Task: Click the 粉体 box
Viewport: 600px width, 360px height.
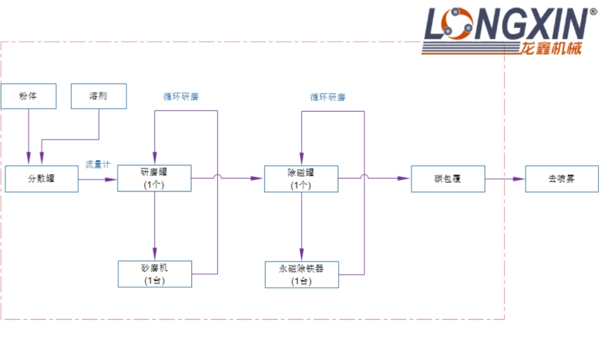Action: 28,96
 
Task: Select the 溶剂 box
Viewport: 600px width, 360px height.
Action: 98,96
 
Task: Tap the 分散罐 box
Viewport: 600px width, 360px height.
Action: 41,178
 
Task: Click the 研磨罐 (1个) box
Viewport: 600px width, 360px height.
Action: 154,178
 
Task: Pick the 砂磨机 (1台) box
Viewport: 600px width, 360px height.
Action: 154,274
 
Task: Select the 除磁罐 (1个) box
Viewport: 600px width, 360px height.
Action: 301,178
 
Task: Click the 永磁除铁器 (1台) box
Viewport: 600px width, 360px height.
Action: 301,274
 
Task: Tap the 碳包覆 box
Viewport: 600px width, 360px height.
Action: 448,178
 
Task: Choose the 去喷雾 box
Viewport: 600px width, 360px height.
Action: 562,179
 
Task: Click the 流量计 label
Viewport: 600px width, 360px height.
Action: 98,164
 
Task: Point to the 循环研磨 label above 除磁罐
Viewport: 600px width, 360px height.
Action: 328,97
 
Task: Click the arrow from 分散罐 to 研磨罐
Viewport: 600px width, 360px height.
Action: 98,178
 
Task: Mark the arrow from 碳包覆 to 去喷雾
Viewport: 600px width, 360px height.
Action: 505,178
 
